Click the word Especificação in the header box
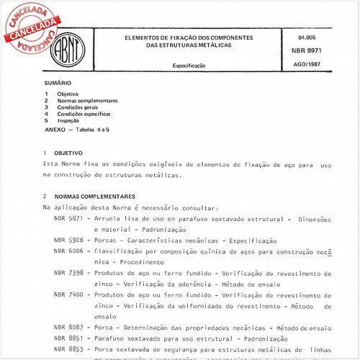pyautogui.click(x=189, y=66)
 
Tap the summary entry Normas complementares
pyautogui.click(x=86, y=101)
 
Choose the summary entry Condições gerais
pyautogui.click(x=78, y=107)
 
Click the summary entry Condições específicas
pyautogui.click(x=84, y=114)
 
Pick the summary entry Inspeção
pyautogui.click(x=71, y=120)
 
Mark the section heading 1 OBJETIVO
pyautogui.click(x=63, y=153)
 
